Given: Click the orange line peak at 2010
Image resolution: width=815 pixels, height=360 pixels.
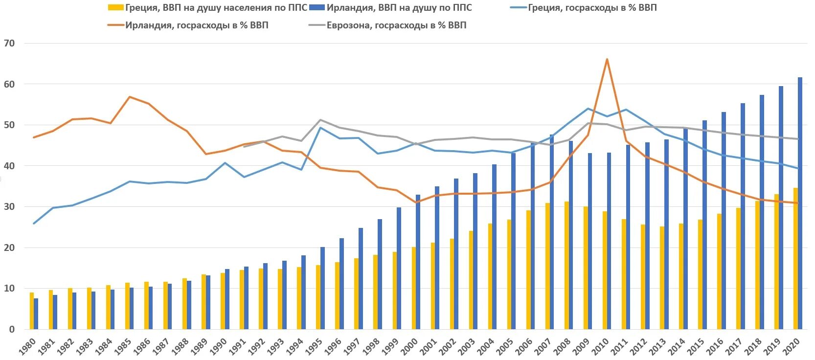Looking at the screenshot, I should click(x=607, y=60).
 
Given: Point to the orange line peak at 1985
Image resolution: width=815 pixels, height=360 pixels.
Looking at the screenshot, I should click(x=129, y=97).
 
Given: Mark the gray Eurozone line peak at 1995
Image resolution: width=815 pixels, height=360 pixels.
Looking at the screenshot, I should click(x=320, y=120).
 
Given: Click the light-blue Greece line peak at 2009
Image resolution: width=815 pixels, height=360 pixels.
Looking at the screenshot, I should click(x=588, y=109).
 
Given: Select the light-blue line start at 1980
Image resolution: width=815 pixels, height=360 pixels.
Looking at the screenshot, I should click(x=34, y=224).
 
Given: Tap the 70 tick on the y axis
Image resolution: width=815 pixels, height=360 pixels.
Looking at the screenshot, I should click(x=9, y=44).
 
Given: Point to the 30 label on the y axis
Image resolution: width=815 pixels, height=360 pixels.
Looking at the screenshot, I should click(x=9, y=207).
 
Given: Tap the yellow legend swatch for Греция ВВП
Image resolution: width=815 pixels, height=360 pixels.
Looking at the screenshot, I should click(x=115, y=8).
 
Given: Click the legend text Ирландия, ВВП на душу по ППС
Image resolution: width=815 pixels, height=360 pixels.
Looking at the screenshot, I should click(x=399, y=8).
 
